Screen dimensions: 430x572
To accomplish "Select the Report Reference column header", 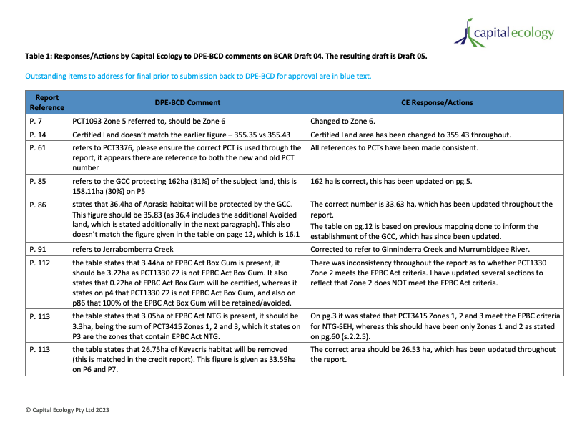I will click(x=46, y=102).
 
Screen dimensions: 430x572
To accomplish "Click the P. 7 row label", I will click(x=37, y=121).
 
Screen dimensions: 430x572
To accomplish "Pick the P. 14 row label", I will click(x=39, y=135).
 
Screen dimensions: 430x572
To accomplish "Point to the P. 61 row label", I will click(x=39, y=148).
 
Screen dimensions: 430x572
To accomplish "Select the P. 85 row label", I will click(x=39, y=182).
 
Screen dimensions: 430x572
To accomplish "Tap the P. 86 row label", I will click(x=39, y=205).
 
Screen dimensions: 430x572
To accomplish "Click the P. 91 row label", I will click(x=39, y=249).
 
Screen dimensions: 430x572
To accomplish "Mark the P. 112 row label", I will click(x=41, y=263).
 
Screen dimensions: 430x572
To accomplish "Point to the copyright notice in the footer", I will click(x=67, y=410).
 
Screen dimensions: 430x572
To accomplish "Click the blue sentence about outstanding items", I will click(x=198, y=76).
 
